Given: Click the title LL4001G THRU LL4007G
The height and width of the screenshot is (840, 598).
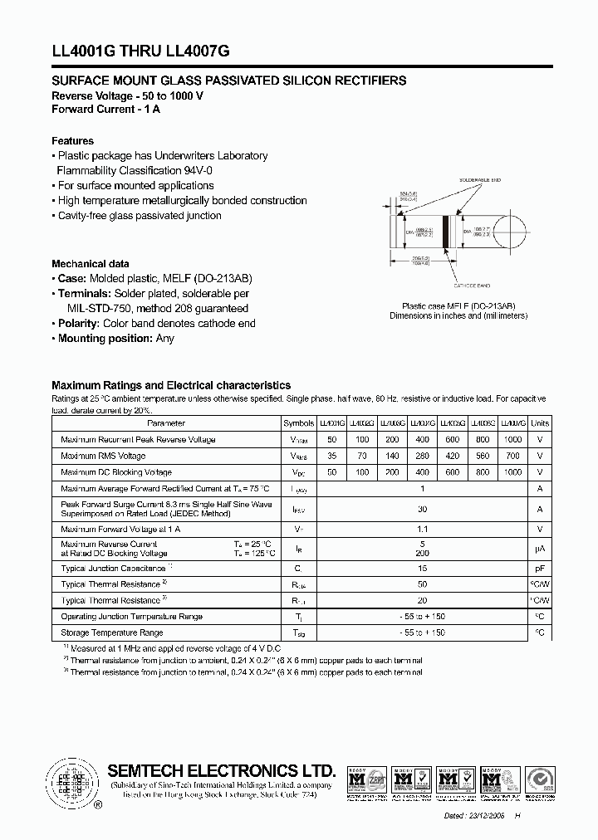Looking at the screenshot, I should click(x=140, y=51).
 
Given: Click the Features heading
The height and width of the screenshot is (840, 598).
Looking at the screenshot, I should click(x=73, y=141).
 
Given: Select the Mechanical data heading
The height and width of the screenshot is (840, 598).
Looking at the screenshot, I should click(x=90, y=264).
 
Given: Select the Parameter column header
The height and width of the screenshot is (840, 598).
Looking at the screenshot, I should click(x=166, y=423).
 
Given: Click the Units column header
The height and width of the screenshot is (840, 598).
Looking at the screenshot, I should click(x=540, y=423).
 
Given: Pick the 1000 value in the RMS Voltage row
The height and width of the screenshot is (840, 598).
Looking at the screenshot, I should click(x=513, y=440).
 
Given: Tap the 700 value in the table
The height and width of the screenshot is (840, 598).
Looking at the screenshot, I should click(x=513, y=456).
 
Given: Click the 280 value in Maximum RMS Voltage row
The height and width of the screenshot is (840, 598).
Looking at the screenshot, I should click(x=423, y=456).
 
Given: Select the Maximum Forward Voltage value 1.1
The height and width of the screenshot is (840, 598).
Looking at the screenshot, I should click(x=423, y=529).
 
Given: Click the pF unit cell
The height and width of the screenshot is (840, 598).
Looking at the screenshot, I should click(x=540, y=569).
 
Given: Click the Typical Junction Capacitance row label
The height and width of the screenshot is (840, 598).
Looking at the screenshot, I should click(x=114, y=569).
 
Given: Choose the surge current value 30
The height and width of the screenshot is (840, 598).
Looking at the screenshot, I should click(x=423, y=509).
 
